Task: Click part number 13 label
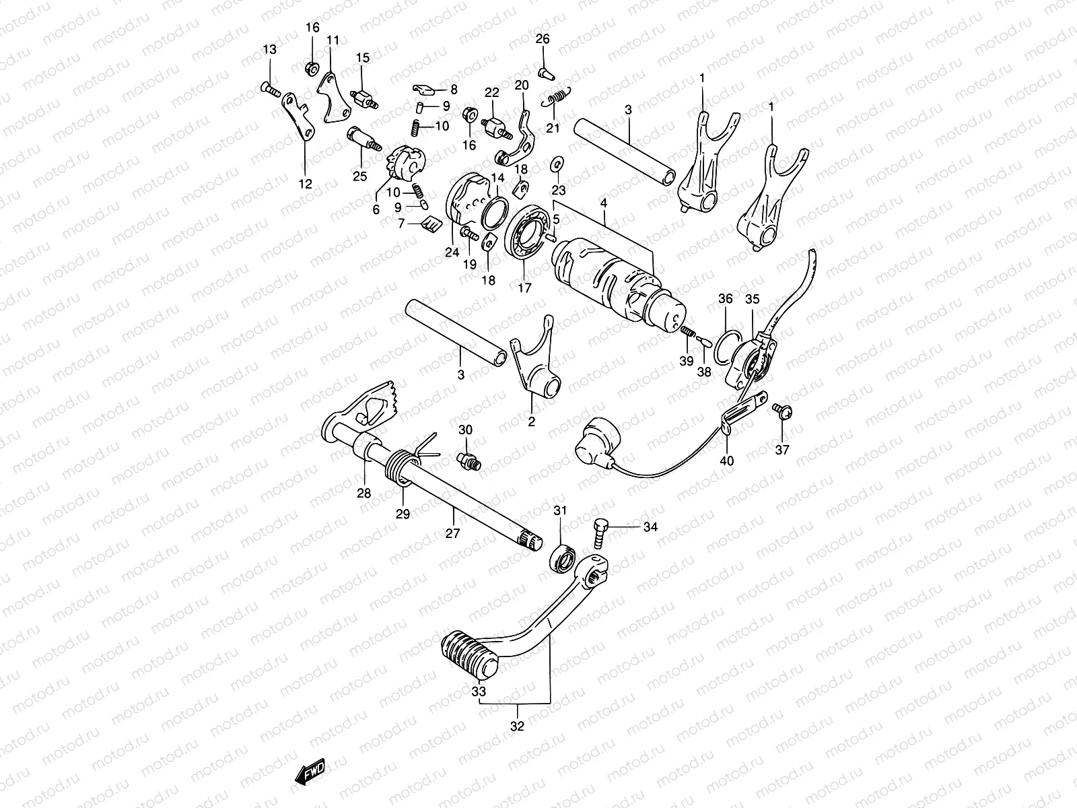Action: click(269, 50)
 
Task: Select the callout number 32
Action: click(517, 727)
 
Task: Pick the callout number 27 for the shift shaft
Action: click(452, 533)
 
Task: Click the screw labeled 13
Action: click(269, 88)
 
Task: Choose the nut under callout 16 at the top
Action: click(312, 67)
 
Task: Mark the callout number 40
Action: click(727, 461)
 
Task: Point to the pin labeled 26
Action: click(544, 69)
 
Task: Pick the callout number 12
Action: click(305, 183)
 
